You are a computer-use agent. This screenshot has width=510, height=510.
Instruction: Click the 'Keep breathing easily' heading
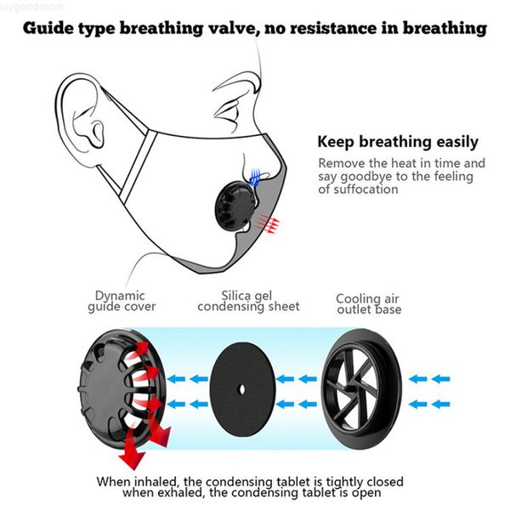coord(397,142)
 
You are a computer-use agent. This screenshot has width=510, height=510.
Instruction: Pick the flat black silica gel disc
coord(242,388)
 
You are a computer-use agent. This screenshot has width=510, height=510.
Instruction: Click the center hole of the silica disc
coord(242,389)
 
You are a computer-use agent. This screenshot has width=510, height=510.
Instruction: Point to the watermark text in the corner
coord(26,5)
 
